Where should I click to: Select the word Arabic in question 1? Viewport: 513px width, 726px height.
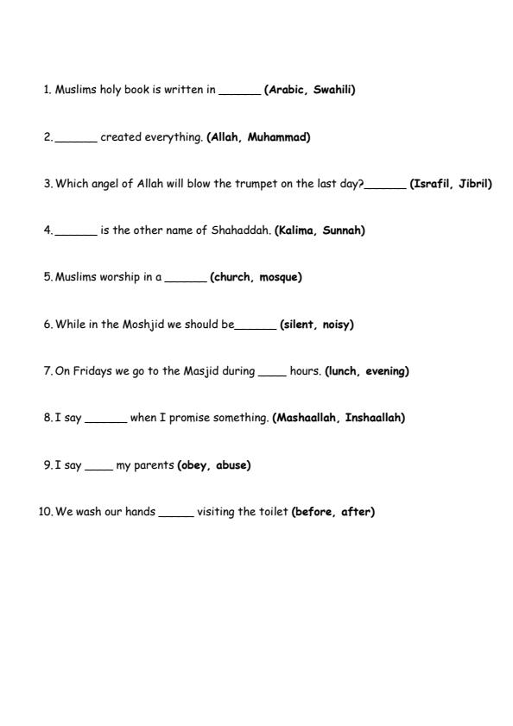(x=286, y=90)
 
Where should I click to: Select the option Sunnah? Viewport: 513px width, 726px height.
(x=344, y=230)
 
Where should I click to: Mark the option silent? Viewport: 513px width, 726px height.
(x=297, y=325)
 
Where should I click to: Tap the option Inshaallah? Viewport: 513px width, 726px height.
(x=374, y=418)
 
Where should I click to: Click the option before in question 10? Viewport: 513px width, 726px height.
(x=313, y=512)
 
